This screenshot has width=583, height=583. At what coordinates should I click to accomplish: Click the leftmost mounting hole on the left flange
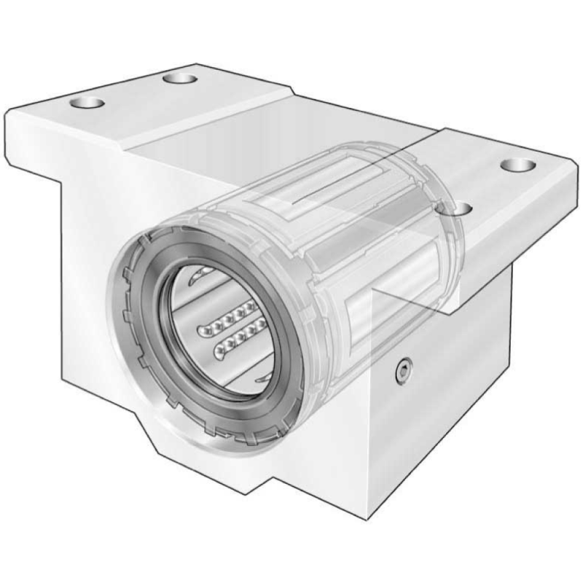pos(87,102)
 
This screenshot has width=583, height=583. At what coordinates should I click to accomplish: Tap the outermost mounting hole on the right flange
pos(518,165)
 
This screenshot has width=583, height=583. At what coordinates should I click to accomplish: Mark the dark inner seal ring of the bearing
pos(155,321)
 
